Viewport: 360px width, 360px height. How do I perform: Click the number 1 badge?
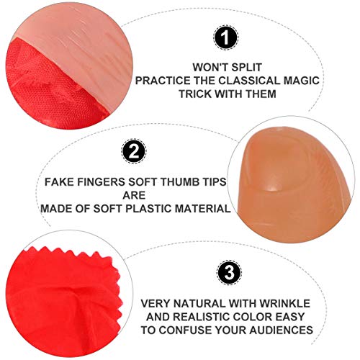pos(225,37)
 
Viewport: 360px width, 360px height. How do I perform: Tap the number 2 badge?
pos(134,152)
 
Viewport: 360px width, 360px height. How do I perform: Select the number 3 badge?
pos(229,273)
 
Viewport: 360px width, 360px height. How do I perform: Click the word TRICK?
pos(195,94)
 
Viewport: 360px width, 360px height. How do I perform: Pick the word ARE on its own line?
pos(134,195)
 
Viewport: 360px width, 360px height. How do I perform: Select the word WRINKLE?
pos(285,304)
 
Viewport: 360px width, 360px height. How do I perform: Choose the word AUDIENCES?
pos(282,330)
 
